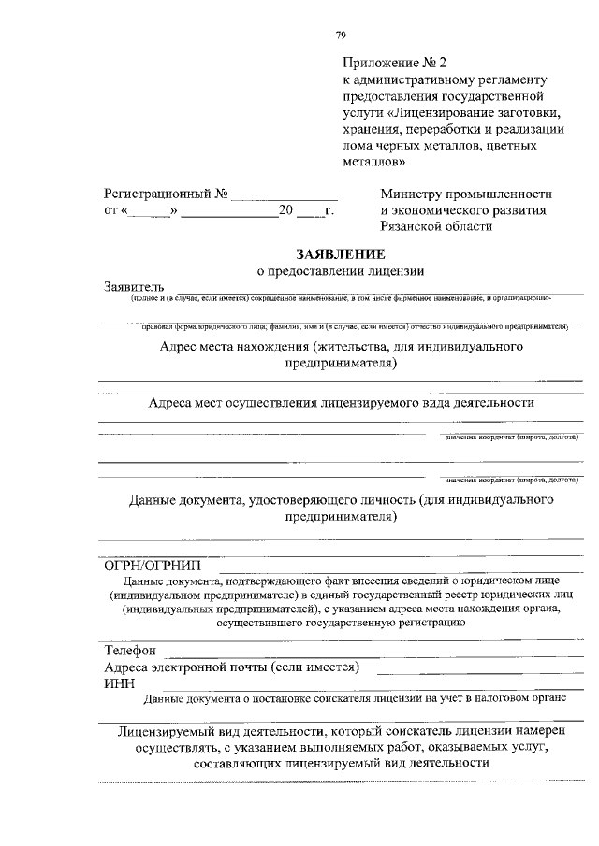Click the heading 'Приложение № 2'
pos(388,63)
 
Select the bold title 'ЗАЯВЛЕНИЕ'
pos(341,253)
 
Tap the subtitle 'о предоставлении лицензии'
pos(341,271)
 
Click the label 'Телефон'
pos(130,650)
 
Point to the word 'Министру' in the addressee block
pos(412,194)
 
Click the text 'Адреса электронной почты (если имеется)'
pos(232,667)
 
